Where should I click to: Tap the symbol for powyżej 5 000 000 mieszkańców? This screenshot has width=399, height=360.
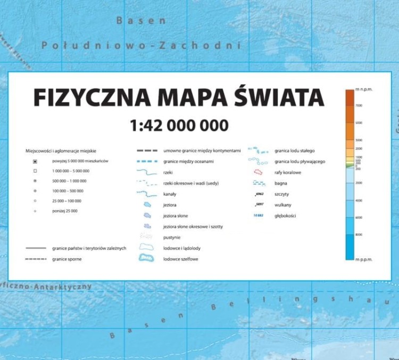coord(35,161)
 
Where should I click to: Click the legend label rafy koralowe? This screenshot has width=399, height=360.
coord(288,173)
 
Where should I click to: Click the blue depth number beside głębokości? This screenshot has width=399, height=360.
coord(259,216)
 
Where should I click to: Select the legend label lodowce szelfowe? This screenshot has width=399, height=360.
coord(181,259)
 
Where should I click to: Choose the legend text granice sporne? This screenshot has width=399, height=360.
coord(67,259)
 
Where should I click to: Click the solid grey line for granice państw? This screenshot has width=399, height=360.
coord(36,248)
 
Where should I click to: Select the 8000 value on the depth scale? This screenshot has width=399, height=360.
coord(359,235)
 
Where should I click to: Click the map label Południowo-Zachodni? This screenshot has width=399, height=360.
coord(141,46)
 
